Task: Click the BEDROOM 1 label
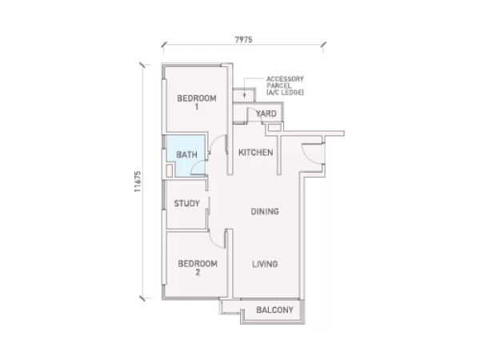click(x=197, y=102)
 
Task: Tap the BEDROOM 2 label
click(x=198, y=267)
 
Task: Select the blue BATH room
click(x=186, y=156)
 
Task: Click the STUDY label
click(x=186, y=203)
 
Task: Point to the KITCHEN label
click(x=256, y=153)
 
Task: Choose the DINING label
click(x=265, y=211)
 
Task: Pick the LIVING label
click(x=265, y=264)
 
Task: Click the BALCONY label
click(x=274, y=310)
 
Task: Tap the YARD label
click(x=266, y=114)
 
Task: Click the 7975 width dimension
click(x=244, y=40)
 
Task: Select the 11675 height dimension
click(x=138, y=182)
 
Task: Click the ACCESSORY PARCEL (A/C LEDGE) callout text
click(x=285, y=86)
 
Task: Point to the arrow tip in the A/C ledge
click(x=244, y=97)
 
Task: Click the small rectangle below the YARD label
click(x=274, y=127)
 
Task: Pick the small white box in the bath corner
click(x=170, y=171)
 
